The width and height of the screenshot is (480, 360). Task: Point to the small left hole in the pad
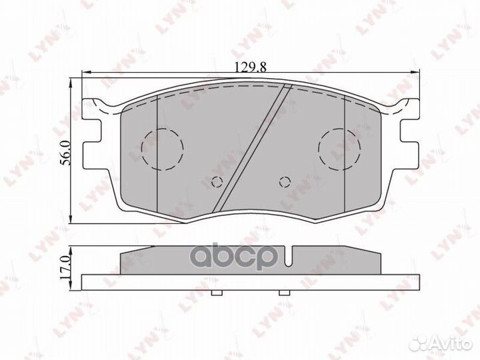click(215, 181)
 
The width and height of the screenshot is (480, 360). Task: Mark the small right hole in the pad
click(285, 181)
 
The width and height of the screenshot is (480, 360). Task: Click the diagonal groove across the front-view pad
click(253, 147)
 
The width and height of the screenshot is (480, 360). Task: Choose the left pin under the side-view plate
click(215, 293)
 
